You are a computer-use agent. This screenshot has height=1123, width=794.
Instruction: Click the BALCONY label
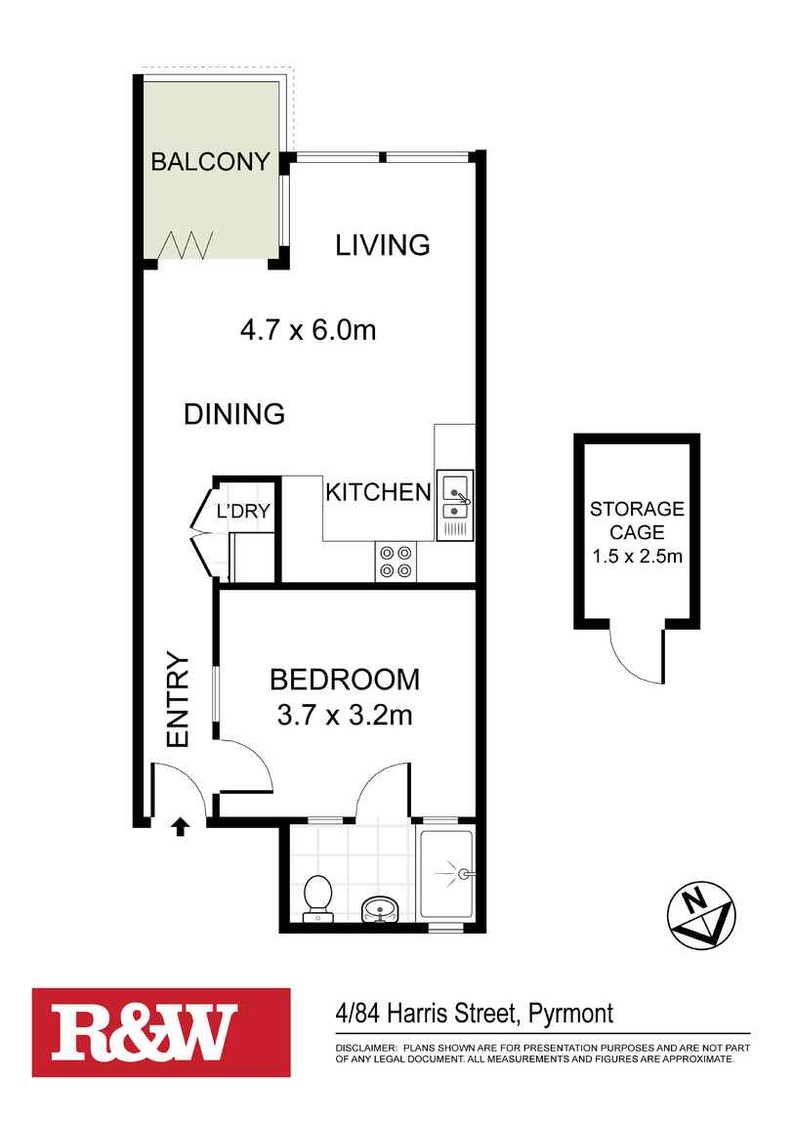point(211,161)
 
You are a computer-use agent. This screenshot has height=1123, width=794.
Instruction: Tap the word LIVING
point(383,245)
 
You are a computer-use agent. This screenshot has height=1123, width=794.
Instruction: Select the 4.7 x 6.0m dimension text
point(308,330)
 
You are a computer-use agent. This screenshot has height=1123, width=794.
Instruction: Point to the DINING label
point(234,414)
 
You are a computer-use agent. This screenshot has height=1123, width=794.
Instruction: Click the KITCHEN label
point(379,492)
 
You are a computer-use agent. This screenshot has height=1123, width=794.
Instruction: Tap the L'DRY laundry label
point(243,511)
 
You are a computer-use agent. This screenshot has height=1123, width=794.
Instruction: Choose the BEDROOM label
point(345,680)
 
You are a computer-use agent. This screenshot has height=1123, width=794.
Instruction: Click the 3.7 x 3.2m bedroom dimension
point(345,715)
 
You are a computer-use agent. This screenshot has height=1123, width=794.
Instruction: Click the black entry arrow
point(181,826)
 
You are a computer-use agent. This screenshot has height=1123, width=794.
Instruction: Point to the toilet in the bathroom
point(316,898)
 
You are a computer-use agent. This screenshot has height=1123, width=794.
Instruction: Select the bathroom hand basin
point(380,909)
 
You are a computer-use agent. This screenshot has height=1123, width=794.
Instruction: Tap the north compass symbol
point(701,916)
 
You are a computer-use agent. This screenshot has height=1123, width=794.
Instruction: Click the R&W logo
point(161,1033)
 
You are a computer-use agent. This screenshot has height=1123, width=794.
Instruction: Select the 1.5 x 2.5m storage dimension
point(637,556)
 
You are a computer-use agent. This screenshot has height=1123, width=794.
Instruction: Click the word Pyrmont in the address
point(570,1014)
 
